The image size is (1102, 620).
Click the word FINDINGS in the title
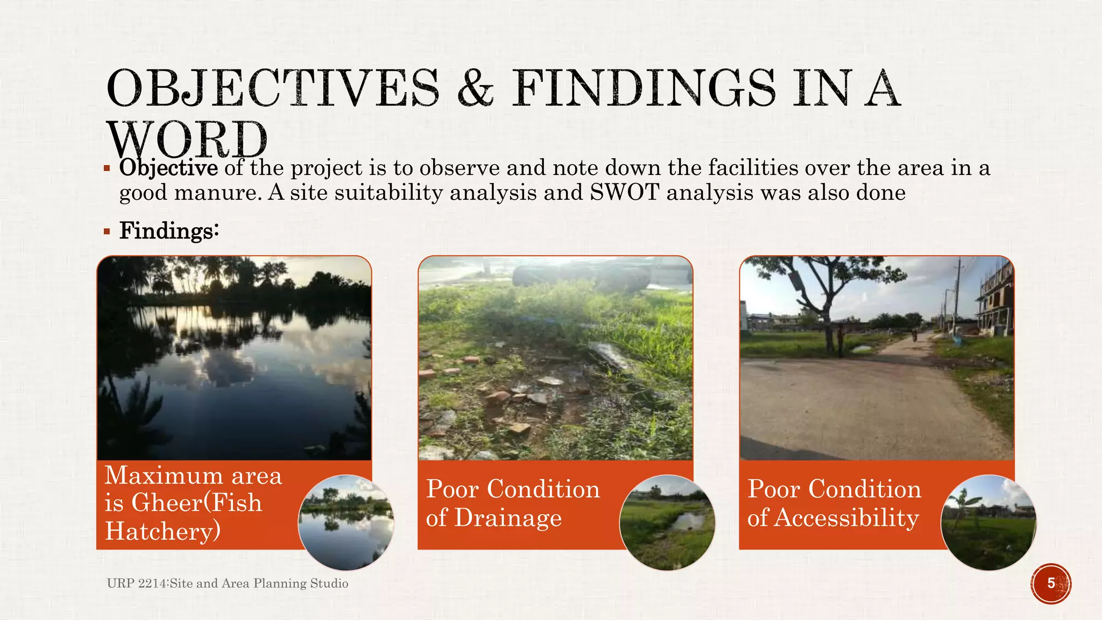[x=644, y=87]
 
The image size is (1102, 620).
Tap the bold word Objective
[x=168, y=168]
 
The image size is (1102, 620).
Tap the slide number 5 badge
[x=1051, y=583]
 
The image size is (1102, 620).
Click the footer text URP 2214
[x=137, y=583]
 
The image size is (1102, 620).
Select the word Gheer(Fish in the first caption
[x=196, y=503]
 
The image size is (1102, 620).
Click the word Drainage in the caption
[x=508, y=518]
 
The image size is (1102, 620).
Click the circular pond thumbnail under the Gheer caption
[x=346, y=522]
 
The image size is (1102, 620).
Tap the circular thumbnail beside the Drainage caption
[x=667, y=522]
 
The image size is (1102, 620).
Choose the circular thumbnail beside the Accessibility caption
[x=988, y=522]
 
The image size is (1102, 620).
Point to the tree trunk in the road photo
[x=837, y=323]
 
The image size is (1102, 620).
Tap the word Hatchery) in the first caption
[x=163, y=531]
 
